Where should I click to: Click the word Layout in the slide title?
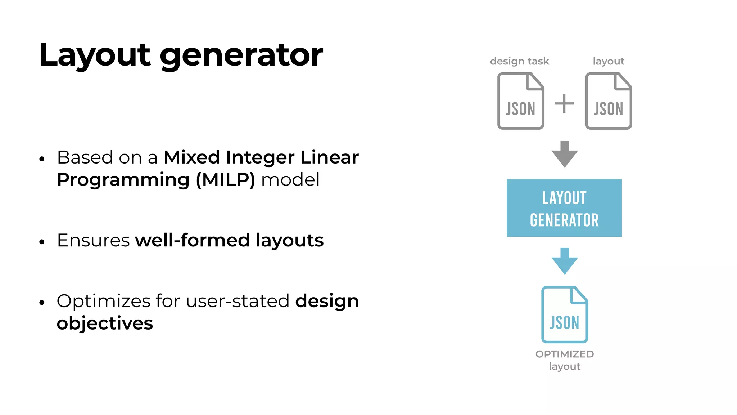point(95,55)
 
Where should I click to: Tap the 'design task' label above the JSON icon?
point(519,61)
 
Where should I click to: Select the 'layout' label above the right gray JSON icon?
point(608,61)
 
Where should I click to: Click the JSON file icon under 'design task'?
point(520,101)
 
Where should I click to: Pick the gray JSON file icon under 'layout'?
point(609,101)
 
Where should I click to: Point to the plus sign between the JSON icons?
point(564,104)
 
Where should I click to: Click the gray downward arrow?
point(565,154)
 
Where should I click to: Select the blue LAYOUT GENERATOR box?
point(564,208)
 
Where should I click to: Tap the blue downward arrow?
point(565,261)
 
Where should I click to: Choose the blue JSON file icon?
point(564,314)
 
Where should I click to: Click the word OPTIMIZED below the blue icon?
point(564,354)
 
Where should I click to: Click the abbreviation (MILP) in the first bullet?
point(226,180)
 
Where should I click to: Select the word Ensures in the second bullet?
point(93,240)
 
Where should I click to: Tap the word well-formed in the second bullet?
point(192,240)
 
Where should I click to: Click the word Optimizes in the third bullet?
point(103,301)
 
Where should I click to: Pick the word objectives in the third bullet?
point(105,323)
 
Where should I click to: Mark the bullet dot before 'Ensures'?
point(42,242)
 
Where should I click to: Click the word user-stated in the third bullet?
point(238,301)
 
